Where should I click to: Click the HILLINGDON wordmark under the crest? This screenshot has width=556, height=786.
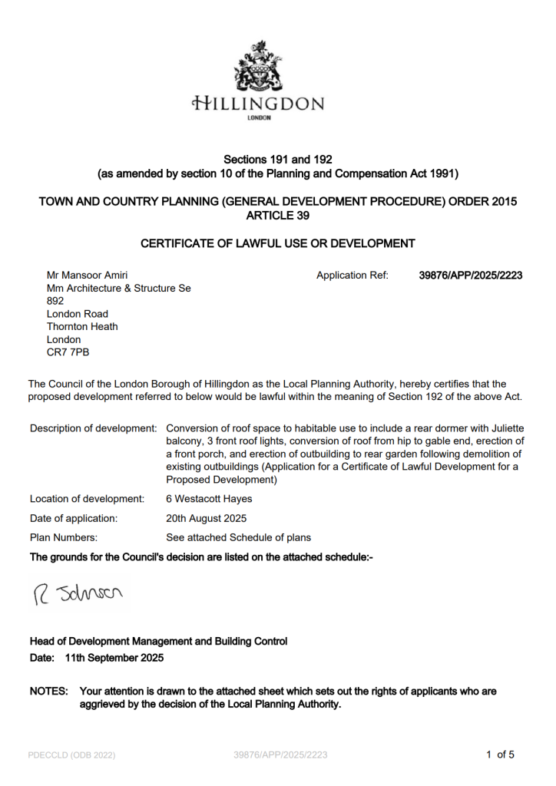258,104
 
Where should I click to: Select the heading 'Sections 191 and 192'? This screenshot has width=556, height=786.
277,160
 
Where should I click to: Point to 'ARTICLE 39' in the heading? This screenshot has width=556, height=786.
277,215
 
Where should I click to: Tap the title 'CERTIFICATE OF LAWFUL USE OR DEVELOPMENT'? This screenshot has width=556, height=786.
277,244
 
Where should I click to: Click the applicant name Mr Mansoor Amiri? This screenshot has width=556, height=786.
88,276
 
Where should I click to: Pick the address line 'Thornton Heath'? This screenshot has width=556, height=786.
82,326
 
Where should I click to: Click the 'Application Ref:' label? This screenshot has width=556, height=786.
352,276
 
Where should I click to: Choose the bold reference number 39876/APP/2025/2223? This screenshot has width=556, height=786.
471,276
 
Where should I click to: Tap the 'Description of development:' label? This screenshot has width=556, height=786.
94,428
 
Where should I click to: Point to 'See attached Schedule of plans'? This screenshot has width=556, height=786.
238,537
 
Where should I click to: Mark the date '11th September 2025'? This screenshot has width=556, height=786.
114,658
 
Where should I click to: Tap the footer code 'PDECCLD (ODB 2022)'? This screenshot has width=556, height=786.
71,755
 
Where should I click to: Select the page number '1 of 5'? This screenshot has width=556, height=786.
500,755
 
